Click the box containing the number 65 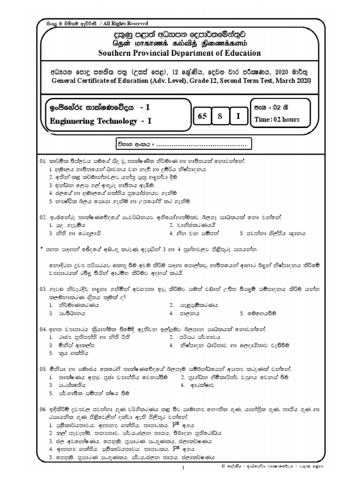202,117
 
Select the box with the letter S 220,117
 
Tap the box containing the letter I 238,117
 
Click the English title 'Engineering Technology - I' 100,121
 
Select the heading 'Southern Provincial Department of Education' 180,53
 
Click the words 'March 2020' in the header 294,81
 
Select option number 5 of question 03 241,312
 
